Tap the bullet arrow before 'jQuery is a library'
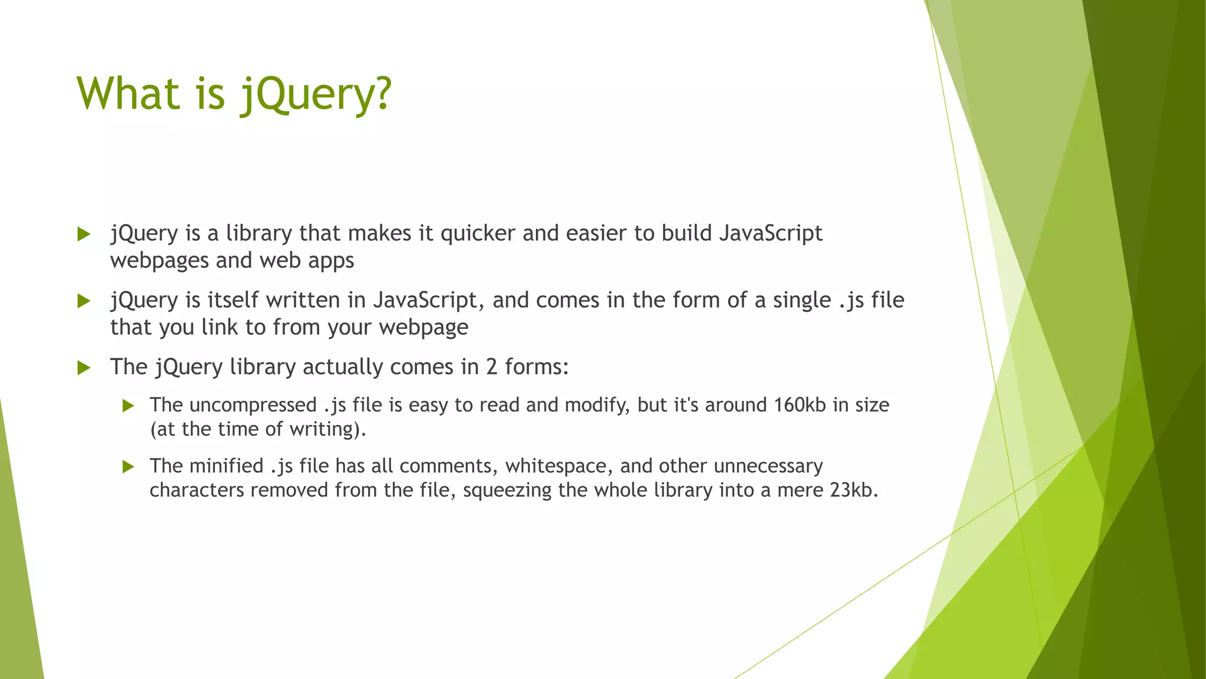coord(84,235)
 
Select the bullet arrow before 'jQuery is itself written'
coord(84,302)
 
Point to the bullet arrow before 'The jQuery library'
coord(84,368)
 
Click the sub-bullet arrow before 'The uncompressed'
coord(128,406)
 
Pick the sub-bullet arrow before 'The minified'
coord(128,467)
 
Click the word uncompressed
coord(253,406)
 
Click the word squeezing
coord(507,490)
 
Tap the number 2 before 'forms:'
coord(492,367)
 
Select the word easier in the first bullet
coord(597,233)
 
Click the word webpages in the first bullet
coord(160,261)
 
